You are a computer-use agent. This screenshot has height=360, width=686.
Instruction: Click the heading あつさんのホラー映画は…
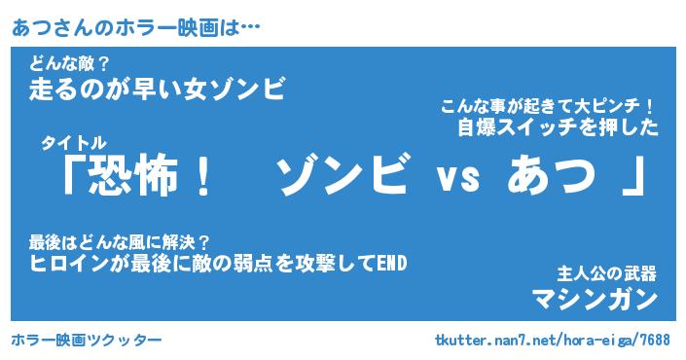tap(135, 28)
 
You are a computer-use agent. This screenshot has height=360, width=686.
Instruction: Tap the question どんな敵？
tap(69, 65)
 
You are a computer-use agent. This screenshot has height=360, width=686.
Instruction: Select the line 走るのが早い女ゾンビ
tap(158, 89)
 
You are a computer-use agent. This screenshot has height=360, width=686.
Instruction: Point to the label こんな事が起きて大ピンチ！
tap(547, 106)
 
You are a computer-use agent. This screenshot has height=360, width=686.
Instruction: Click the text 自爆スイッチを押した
tap(558, 127)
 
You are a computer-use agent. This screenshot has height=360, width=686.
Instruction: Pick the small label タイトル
tap(74, 143)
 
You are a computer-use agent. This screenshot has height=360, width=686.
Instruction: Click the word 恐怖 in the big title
tap(134, 176)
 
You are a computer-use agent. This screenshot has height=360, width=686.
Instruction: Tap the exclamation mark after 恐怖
tap(202, 176)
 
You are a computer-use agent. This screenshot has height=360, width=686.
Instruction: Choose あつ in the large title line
tap(552, 176)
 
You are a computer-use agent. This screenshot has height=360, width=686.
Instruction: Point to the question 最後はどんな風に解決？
tap(120, 242)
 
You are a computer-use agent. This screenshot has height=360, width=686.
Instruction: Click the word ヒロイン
tap(69, 264)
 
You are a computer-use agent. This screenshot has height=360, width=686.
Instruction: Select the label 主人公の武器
tap(607, 274)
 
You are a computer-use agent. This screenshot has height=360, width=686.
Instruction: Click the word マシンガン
tap(595, 300)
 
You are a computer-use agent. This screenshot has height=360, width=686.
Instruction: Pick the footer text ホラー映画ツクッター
tap(87, 340)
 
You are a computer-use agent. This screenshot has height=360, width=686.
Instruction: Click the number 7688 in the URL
tap(656, 340)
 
